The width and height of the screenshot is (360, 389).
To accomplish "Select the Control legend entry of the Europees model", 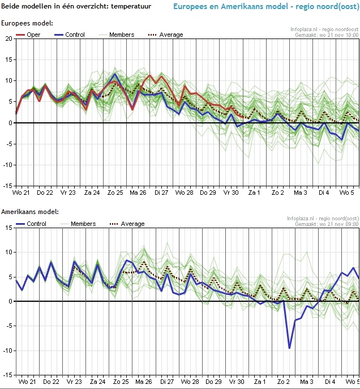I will pyautogui.click(x=75, y=35).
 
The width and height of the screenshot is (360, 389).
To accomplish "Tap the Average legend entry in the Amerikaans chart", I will pyautogui.click(x=132, y=224).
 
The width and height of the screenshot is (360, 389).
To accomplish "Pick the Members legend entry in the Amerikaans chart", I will pyautogui.click(x=83, y=224).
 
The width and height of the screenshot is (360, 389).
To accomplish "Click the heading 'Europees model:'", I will pyautogui.click(x=27, y=23).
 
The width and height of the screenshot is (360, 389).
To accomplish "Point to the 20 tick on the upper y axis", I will pyautogui.click(x=8, y=39).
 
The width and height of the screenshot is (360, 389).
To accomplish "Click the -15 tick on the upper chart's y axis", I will pyautogui.click(x=7, y=186).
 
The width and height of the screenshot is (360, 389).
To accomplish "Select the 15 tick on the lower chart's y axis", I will pyautogui.click(x=8, y=228).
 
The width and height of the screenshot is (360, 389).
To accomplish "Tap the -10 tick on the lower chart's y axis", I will pyautogui.click(x=7, y=350).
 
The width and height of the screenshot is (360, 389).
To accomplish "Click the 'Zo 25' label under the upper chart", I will pyautogui.click(x=115, y=193).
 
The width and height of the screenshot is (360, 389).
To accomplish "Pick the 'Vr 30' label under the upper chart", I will pyautogui.click(x=232, y=193).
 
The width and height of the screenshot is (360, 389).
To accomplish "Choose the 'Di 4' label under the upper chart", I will pyautogui.click(x=324, y=193).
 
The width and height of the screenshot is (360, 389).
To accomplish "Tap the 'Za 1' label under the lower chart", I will pyautogui.click(x=260, y=382).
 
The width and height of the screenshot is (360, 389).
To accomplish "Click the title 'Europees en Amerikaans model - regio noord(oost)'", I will pyautogui.click(x=264, y=8).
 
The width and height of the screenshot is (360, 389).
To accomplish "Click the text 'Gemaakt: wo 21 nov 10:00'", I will pyautogui.click(x=327, y=35).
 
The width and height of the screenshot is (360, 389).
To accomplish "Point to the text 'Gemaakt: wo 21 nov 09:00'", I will pyautogui.click(x=327, y=224).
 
